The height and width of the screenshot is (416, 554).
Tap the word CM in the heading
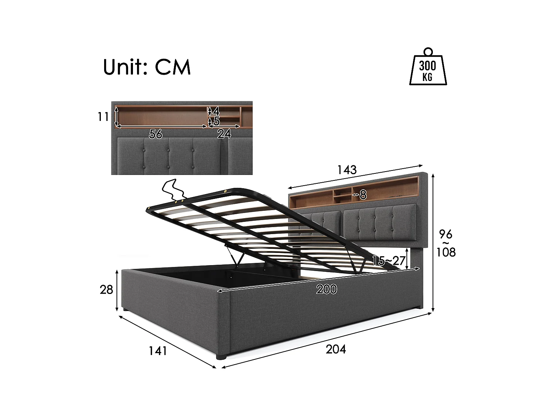[x=172, y=67]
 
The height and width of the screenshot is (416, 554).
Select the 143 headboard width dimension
[x=347, y=170]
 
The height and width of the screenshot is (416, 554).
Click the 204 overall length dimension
[x=336, y=349]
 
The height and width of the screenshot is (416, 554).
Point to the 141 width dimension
[x=158, y=350]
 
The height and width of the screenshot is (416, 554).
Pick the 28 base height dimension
[x=106, y=290]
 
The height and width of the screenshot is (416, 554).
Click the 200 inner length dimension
[x=326, y=290]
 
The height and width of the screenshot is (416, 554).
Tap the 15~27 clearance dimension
[x=389, y=260]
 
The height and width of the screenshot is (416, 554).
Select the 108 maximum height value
[x=446, y=252]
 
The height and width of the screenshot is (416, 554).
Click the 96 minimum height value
[x=445, y=234]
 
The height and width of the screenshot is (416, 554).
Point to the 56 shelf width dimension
[x=155, y=134]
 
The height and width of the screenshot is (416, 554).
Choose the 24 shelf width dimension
[x=224, y=134]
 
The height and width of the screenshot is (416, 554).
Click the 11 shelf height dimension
[x=103, y=117]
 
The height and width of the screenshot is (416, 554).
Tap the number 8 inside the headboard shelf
[x=363, y=195]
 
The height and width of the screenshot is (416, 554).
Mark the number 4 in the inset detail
[x=216, y=111]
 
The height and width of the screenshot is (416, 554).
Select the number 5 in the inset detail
[x=216, y=121]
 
